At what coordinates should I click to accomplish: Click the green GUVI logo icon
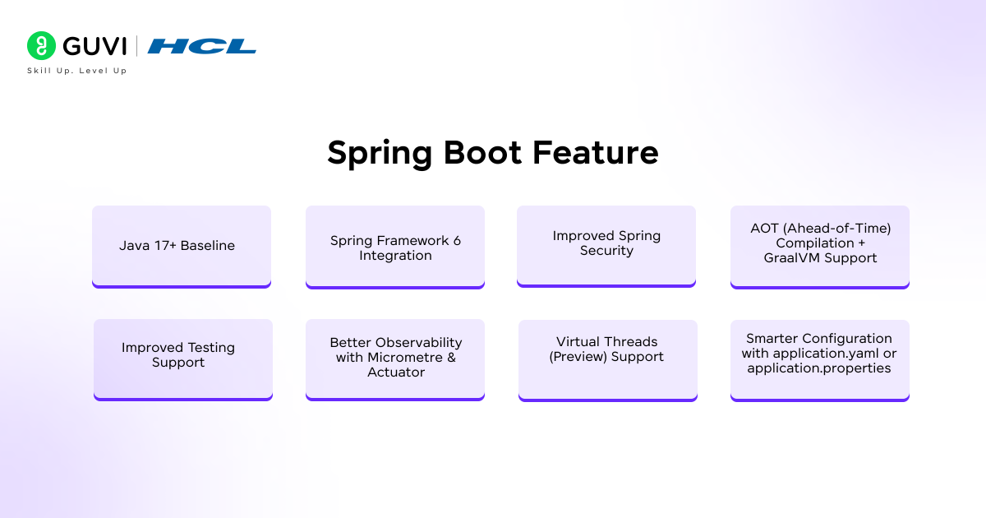pos(41,46)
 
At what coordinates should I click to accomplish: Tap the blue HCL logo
pos(201,46)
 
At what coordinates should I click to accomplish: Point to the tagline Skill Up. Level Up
pos(77,71)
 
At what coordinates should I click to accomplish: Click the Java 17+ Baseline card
pos(181,246)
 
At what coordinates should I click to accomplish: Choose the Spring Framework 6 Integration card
pos(395,247)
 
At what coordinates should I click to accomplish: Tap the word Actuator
pos(396,372)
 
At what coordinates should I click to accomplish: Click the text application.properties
pos(819,368)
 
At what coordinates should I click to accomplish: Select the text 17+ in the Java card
pos(163,246)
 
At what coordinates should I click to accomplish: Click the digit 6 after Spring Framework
pos(457,241)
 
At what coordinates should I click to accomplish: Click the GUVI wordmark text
pos(94,46)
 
